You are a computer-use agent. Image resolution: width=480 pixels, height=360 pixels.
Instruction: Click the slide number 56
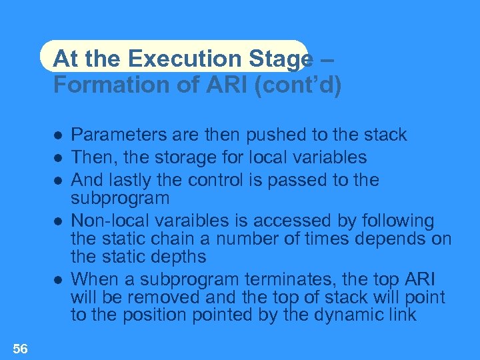[20, 348]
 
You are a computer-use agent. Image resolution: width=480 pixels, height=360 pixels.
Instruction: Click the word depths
[180, 257]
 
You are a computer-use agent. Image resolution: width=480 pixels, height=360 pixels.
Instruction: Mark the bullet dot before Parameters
[58, 135]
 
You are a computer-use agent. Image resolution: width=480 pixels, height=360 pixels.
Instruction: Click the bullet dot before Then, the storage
[58, 158]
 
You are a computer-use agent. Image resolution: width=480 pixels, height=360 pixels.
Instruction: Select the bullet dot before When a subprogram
[58, 280]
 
